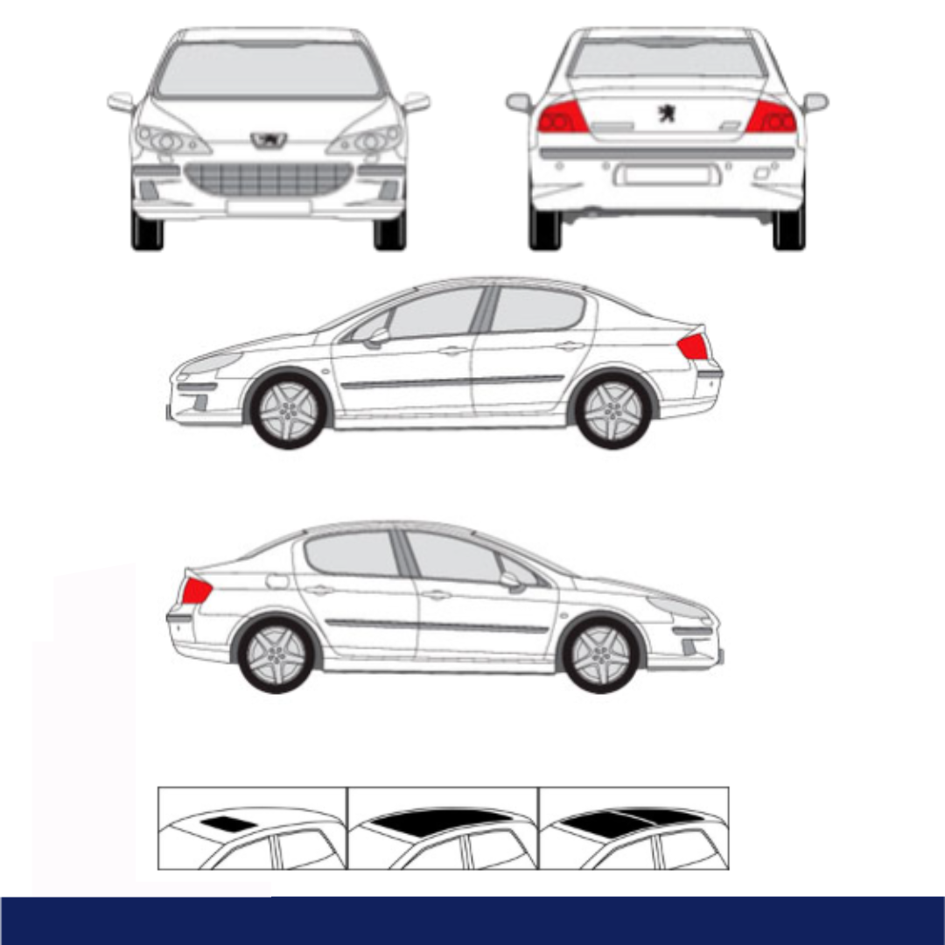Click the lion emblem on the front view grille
(x=269, y=139)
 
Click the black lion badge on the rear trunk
(x=667, y=113)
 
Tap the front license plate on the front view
(x=269, y=206)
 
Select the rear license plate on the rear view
(x=667, y=175)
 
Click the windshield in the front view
(x=269, y=70)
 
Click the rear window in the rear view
(x=667, y=59)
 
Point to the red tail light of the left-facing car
(x=692, y=347)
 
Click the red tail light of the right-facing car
(x=196, y=591)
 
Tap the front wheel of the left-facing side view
(x=288, y=410)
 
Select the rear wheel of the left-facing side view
(x=613, y=410)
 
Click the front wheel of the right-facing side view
(x=602, y=654)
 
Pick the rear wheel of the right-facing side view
(x=276, y=654)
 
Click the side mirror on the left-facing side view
(x=378, y=337)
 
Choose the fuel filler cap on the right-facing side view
(x=276, y=581)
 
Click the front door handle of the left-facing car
(x=452, y=351)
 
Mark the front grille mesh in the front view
(x=269, y=178)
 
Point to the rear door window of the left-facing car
(x=535, y=311)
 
